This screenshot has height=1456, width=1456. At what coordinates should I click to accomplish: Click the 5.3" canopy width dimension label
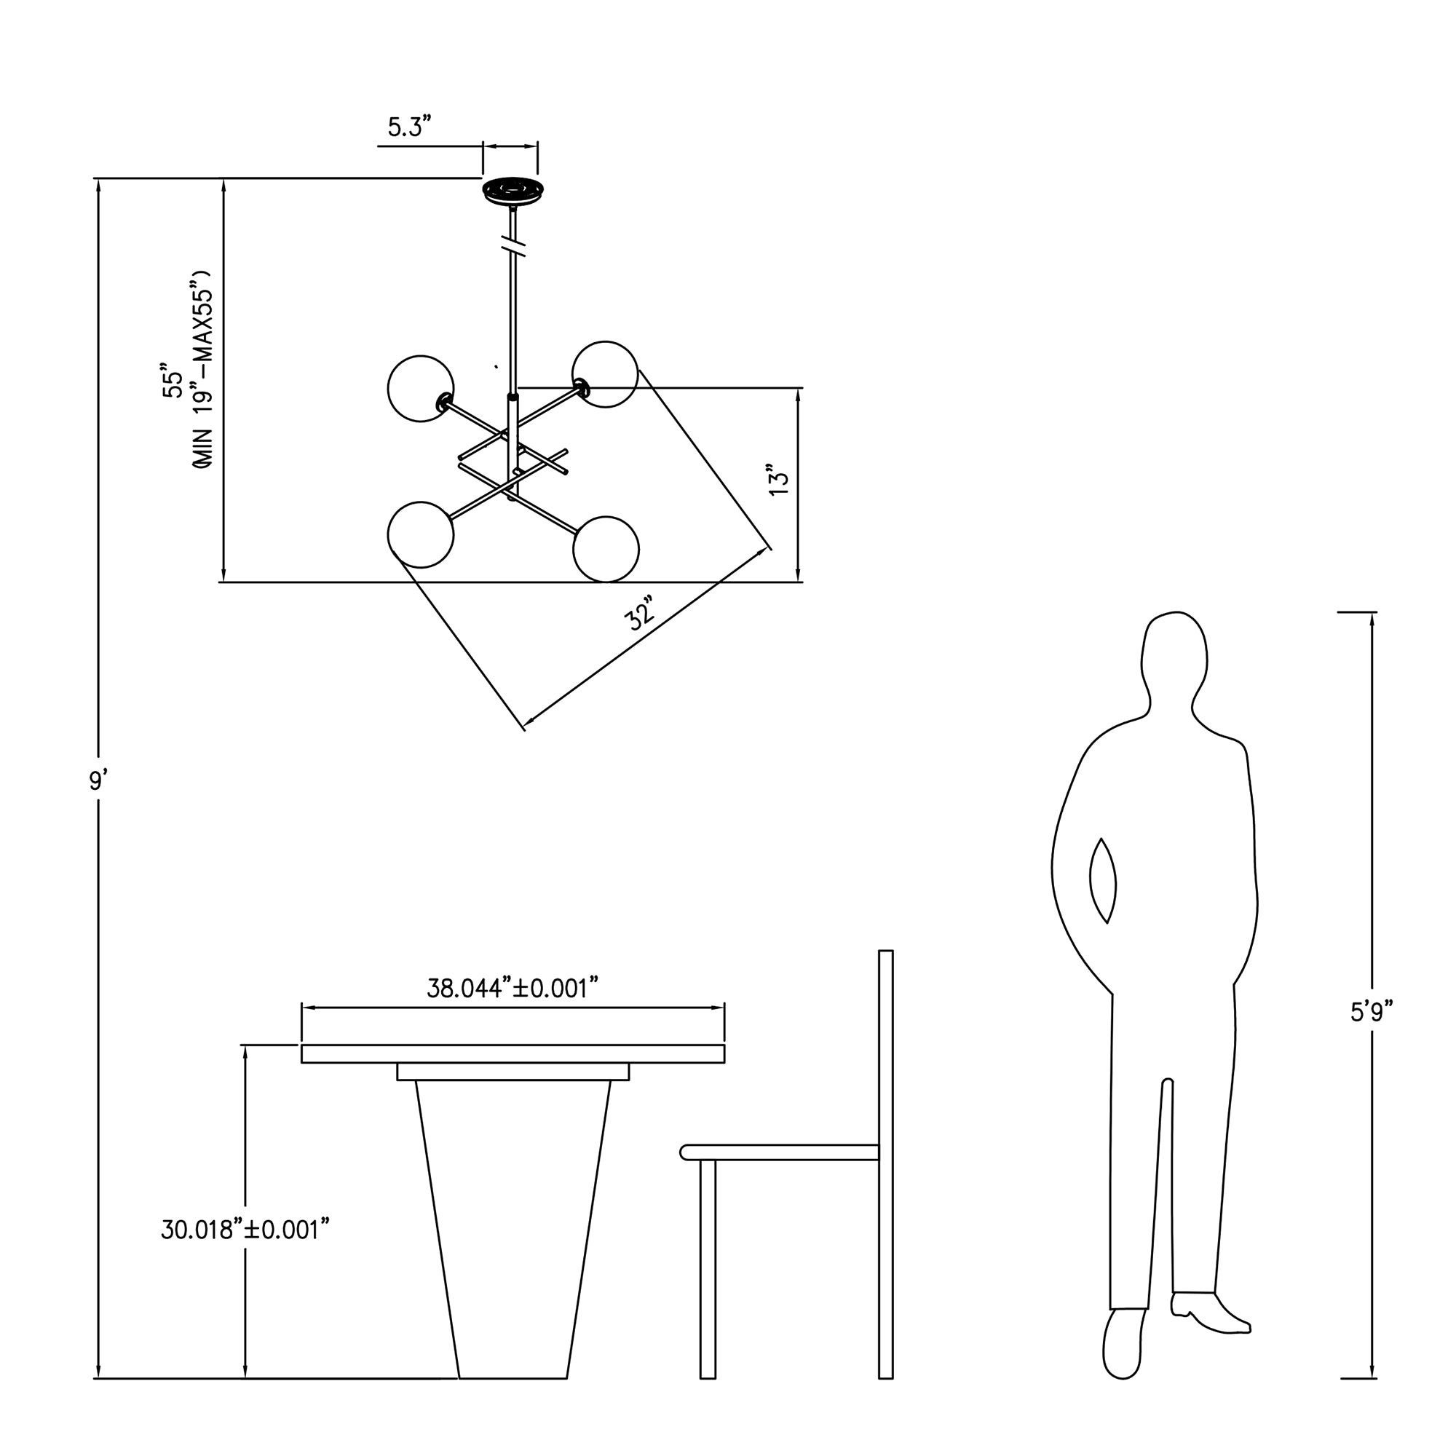(x=409, y=127)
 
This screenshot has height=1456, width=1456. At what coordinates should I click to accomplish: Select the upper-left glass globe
(x=421, y=388)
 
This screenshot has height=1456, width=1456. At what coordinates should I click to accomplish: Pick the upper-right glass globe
(x=605, y=373)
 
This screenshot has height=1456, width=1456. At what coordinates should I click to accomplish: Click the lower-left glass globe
(x=421, y=534)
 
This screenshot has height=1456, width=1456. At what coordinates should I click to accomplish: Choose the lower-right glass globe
(x=606, y=549)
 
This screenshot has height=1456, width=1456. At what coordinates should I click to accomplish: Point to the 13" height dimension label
(x=778, y=479)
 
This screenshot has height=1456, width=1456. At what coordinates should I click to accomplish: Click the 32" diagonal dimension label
(x=640, y=613)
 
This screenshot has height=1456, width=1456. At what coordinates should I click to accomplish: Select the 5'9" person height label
(x=1371, y=1011)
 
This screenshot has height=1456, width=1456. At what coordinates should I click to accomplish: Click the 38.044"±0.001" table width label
(x=513, y=987)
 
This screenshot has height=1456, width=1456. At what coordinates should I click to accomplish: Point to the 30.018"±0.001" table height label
(x=245, y=1229)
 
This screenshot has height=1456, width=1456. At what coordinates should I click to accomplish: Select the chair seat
(x=779, y=1152)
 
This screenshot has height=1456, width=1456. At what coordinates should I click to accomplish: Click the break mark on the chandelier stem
(x=513, y=245)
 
